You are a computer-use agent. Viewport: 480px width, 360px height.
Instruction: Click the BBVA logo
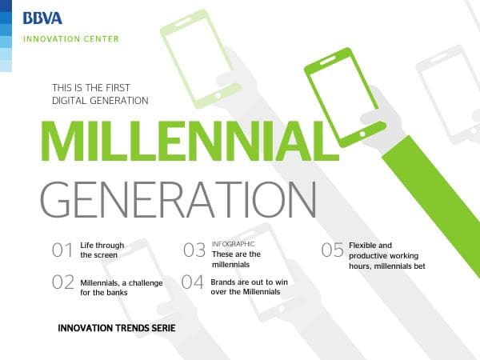[x=42, y=18]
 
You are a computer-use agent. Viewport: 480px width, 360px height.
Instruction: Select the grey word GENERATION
[x=178, y=200]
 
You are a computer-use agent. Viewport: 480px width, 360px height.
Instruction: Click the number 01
[x=62, y=250]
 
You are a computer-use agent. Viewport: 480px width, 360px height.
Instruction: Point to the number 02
[x=62, y=282]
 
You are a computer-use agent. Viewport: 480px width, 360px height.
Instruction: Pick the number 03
[x=194, y=250]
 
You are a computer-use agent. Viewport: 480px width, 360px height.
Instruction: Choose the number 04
[x=193, y=282]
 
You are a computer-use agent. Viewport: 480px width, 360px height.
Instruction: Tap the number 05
[x=332, y=250]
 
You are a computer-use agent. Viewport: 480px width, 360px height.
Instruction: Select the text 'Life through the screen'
[x=99, y=250]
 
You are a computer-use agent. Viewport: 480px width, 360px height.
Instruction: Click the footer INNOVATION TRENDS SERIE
[x=117, y=329]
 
